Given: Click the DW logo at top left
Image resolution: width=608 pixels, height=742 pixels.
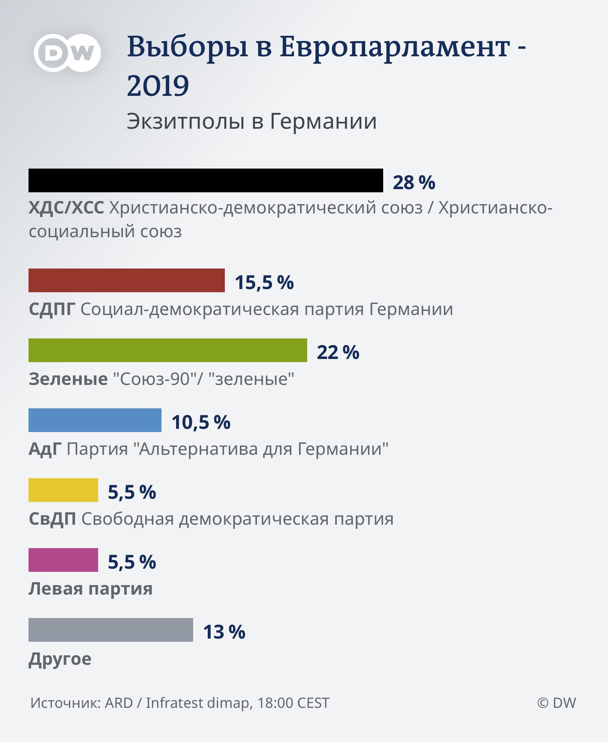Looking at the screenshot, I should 67,53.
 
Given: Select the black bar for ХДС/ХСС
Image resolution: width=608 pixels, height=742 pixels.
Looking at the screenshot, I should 206,181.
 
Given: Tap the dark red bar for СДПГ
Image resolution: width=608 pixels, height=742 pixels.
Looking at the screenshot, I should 126,281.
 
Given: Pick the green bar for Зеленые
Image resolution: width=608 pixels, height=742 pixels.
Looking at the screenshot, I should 168,350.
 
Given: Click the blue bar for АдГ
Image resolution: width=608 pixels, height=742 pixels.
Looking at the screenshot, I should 95,420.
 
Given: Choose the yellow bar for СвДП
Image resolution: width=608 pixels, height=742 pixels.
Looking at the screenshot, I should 63,490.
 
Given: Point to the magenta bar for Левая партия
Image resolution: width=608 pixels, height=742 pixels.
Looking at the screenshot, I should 63,560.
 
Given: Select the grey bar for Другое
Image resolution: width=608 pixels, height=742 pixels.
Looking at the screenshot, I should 111,630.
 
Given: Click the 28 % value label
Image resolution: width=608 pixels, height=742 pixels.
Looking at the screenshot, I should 414,182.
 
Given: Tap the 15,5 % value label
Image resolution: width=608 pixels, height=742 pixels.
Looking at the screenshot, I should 264,283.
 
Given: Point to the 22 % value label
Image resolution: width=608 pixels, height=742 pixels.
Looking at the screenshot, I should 338,352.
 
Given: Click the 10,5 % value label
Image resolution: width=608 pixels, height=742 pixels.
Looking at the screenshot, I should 201,422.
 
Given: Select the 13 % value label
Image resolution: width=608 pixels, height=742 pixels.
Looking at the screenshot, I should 224,632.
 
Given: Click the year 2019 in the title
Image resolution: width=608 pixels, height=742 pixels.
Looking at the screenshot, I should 158,86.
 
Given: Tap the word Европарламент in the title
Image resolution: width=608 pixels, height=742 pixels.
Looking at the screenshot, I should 395,47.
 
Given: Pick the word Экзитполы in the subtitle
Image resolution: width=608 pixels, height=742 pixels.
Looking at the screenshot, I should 186,121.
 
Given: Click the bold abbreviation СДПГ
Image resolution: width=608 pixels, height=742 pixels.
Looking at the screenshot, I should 52,309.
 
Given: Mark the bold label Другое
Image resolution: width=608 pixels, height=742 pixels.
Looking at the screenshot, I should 60,659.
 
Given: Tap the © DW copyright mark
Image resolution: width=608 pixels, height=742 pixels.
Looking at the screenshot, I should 556,703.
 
